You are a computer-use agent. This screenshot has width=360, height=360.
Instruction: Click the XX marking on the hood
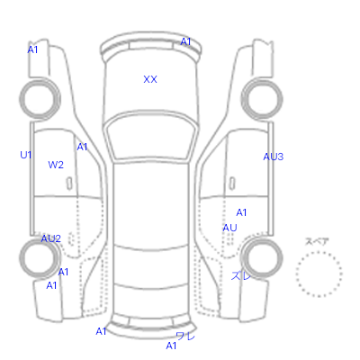coord(150,79)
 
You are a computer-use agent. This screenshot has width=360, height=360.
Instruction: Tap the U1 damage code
coord(26,155)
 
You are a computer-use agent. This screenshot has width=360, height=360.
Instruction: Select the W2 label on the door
coord(56,165)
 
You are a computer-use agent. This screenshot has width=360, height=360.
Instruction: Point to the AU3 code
coord(274,157)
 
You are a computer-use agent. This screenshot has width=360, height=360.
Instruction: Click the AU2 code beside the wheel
coord(50,238)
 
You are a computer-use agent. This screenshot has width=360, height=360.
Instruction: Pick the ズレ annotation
coord(241,275)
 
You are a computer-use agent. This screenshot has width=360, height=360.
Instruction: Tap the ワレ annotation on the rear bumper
coord(185,336)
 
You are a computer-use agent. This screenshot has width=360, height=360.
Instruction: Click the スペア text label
coord(317,241)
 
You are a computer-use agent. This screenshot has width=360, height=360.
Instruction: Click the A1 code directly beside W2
coord(82,147)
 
